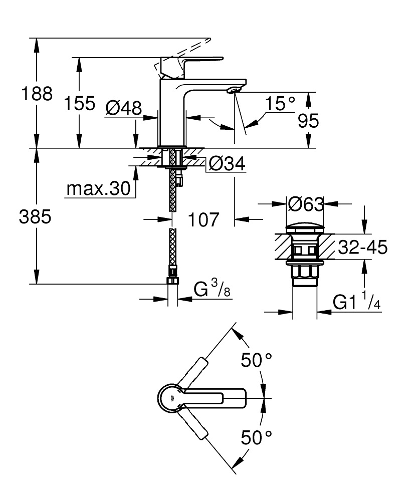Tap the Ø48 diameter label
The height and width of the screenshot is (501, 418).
[x=123, y=107]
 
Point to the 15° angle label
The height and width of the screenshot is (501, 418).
[x=280, y=104]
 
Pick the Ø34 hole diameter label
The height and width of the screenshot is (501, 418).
[x=227, y=163]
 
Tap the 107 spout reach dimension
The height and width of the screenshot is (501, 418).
[x=203, y=219]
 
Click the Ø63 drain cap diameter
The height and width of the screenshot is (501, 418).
[x=305, y=204]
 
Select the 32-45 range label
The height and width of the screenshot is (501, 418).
[x=362, y=247]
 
